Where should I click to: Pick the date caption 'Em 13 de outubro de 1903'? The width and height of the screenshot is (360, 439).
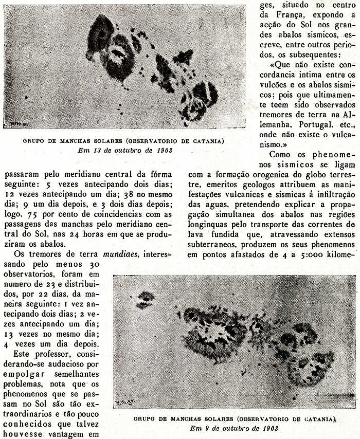(125, 150)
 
